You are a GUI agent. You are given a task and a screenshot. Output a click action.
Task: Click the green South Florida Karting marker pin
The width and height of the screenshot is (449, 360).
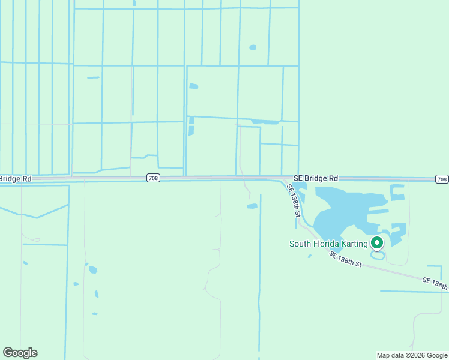[377, 243]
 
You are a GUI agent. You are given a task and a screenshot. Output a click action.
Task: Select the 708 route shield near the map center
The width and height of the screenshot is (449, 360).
[153, 178]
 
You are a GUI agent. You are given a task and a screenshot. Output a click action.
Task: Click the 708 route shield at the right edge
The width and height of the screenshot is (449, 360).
[442, 179]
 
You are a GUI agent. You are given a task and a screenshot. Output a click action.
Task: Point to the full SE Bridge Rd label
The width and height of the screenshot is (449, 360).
[316, 178]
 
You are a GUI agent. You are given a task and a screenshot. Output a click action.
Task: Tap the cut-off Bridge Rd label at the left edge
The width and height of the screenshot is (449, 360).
[16, 179]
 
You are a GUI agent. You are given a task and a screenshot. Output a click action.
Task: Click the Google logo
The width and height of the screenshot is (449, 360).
[20, 353]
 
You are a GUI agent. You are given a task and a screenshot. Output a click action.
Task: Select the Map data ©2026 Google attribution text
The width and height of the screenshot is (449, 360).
[412, 355]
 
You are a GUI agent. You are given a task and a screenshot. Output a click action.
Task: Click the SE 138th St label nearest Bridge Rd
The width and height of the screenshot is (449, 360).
[294, 200]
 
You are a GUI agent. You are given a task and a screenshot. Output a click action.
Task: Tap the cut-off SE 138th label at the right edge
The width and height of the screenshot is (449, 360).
[435, 283]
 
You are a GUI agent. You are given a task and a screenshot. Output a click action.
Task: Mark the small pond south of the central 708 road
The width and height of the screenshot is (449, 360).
[252, 206]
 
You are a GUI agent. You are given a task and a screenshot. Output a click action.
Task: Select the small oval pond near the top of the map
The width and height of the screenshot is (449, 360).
[253, 47]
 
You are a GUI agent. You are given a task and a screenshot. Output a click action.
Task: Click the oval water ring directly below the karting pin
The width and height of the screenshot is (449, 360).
[378, 256]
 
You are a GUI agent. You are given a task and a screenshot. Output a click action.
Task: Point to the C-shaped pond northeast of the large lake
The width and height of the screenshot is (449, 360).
[397, 193]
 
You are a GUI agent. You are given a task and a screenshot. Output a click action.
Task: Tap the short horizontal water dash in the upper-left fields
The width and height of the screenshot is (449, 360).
[93, 77]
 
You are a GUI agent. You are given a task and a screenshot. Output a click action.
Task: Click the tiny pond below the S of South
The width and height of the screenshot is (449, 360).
[310, 256]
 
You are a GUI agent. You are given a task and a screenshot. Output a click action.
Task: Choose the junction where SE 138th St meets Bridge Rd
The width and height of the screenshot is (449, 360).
[283, 179]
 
